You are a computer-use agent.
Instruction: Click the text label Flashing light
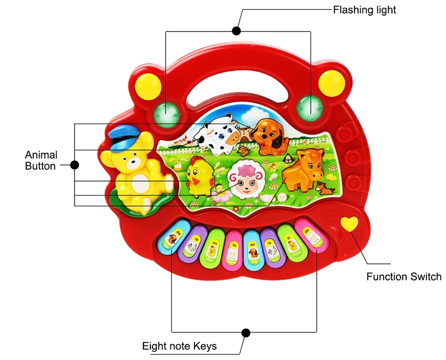[x=364, y=9]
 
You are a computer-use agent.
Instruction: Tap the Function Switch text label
[x=404, y=276]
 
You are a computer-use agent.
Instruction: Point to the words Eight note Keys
[x=179, y=346]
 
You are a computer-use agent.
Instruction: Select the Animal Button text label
[x=41, y=160]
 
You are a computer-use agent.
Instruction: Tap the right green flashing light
[x=310, y=106]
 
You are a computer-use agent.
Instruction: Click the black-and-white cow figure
[x=217, y=133]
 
